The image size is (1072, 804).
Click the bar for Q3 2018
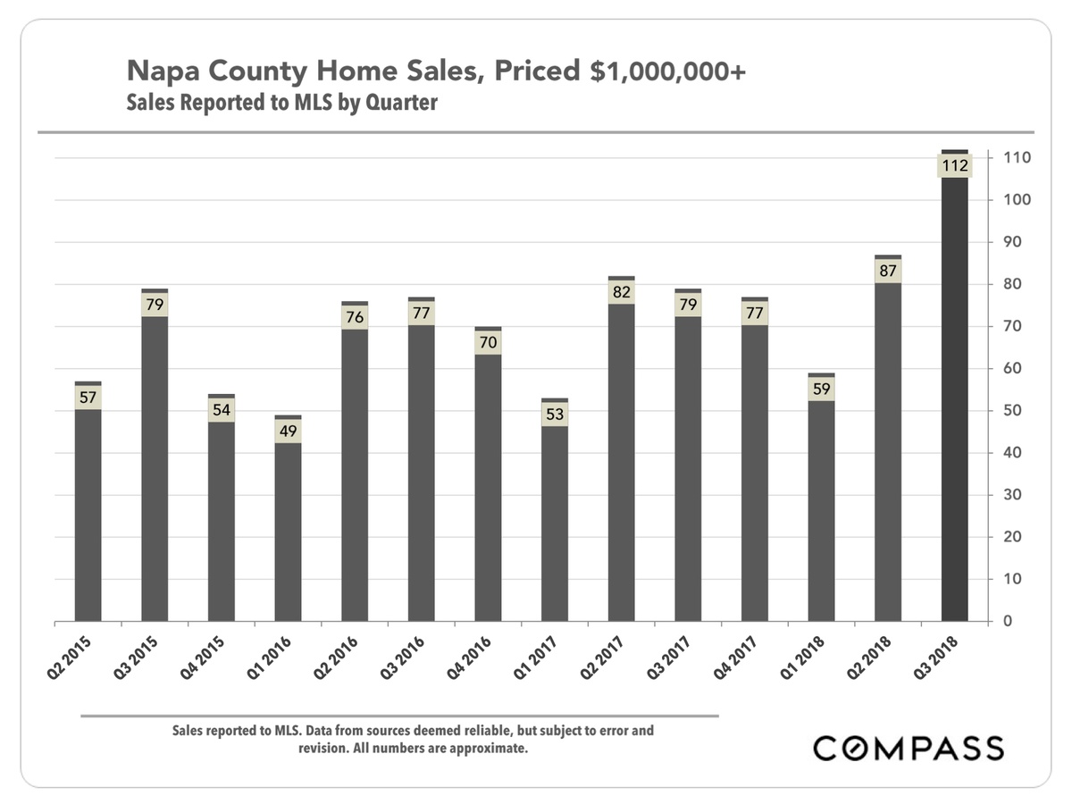[955, 402]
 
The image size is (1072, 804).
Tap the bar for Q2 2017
[621, 465]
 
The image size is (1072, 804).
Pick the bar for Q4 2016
[488, 491]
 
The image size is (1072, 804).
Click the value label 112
[954, 165]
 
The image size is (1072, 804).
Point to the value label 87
[888, 271]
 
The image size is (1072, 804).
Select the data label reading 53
[555, 414]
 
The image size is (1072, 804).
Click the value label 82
[621, 292]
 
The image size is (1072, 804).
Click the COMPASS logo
[908, 748]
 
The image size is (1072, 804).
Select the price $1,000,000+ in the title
[666, 71]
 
